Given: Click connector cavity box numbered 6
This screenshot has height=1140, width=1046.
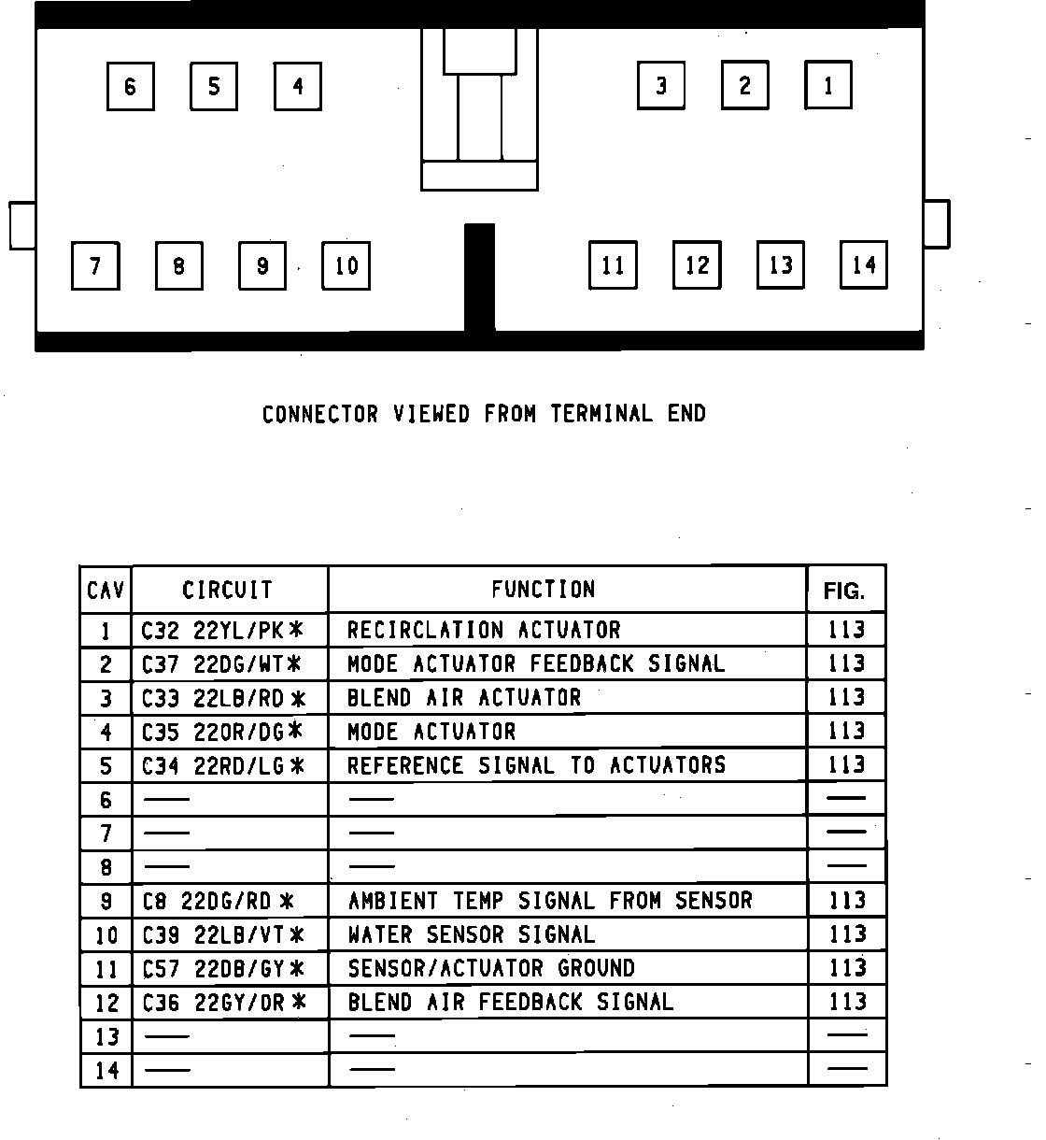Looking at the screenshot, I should point(130,87).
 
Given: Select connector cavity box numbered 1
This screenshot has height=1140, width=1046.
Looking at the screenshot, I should point(828,86).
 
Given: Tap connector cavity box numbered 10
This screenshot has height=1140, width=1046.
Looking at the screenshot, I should point(346,266).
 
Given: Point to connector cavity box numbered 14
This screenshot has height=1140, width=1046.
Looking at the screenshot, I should point(864,265).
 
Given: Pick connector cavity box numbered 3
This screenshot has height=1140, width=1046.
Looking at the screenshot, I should point(661,86).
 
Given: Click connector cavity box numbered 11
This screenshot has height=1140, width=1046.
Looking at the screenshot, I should point(613,265).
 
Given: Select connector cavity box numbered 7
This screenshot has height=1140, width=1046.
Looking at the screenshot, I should point(95,266).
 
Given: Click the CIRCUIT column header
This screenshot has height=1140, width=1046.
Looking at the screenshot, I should point(228,591).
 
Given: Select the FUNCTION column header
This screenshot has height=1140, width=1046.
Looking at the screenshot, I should point(544,590).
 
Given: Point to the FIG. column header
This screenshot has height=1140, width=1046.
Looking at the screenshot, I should point(844,591).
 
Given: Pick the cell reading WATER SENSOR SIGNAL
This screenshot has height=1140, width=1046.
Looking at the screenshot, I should point(472,934).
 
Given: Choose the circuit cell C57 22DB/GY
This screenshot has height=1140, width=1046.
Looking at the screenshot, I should point(222,969).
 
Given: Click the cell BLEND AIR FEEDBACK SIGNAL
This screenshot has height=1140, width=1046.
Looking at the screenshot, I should point(510,1003).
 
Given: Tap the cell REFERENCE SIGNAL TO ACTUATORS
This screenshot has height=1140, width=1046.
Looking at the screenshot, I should point(536,765).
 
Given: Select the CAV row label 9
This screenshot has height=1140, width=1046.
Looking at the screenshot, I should point(106,902).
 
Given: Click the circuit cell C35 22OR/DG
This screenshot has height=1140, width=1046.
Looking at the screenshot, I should point(222,732).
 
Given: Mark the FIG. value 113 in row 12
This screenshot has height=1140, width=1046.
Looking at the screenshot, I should point(847,1003).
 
